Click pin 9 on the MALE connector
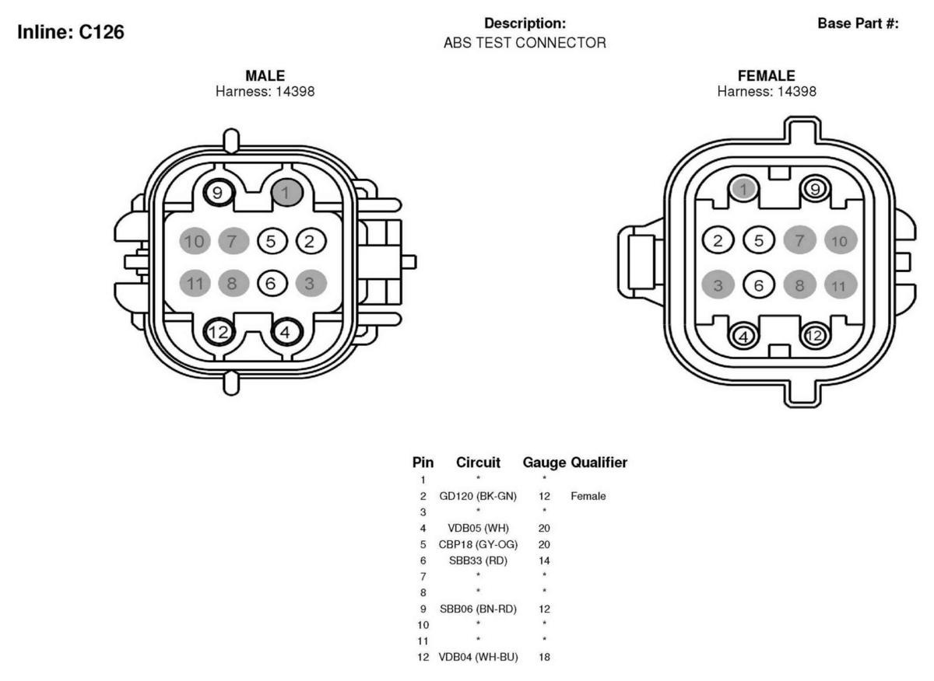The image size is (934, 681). pyautogui.click(x=218, y=193)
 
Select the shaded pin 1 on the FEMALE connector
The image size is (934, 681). pyautogui.click(x=744, y=189)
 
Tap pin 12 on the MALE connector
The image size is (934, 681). pyautogui.click(x=218, y=332)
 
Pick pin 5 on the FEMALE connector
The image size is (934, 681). pyautogui.click(x=758, y=240)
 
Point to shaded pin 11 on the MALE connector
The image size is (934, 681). pyautogui.click(x=195, y=283)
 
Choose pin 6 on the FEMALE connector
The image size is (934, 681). pyautogui.click(x=758, y=285)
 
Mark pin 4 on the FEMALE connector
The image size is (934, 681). pyautogui.click(x=744, y=336)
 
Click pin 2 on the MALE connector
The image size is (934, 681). pyautogui.click(x=311, y=241)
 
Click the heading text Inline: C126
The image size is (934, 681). pyautogui.click(x=71, y=32)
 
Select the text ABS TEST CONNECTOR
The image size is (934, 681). pyautogui.click(x=525, y=43)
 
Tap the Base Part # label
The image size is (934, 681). pyautogui.click(x=858, y=23)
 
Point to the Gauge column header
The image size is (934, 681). pyautogui.click(x=544, y=463)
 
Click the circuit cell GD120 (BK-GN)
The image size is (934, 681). pyautogui.click(x=478, y=496)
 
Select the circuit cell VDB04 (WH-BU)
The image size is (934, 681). pyautogui.click(x=478, y=657)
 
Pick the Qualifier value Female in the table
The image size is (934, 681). pyautogui.click(x=588, y=496)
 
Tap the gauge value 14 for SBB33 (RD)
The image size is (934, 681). pyautogui.click(x=544, y=561)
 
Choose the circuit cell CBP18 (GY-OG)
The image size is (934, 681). pyautogui.click(x=478, y=544)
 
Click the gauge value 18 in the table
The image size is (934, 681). pyautogui.click(x=544, y=657)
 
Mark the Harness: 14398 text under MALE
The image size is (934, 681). pyautogui.click(x=265, y=91)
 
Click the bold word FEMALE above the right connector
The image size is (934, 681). pyautogui.click(x=767, y=75)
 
